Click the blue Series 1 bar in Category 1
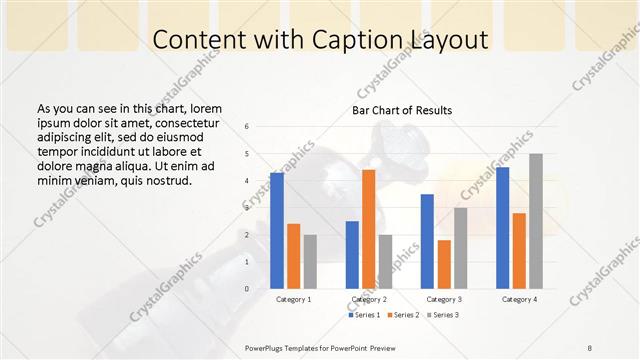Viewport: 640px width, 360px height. point(277,231)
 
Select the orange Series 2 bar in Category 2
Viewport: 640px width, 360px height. point(368,229)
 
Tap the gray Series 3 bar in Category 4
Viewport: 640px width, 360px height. point(536,221)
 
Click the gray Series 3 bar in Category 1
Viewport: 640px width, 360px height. point(310,262)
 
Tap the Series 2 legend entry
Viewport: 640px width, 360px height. point(402,315)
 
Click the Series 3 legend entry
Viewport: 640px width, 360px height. point(443,315)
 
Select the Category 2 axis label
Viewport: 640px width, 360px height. point(368,299)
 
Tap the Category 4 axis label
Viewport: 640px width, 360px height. point(519,299)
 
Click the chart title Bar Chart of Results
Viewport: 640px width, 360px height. point(402,110)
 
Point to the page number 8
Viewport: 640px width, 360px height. point(590,346)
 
